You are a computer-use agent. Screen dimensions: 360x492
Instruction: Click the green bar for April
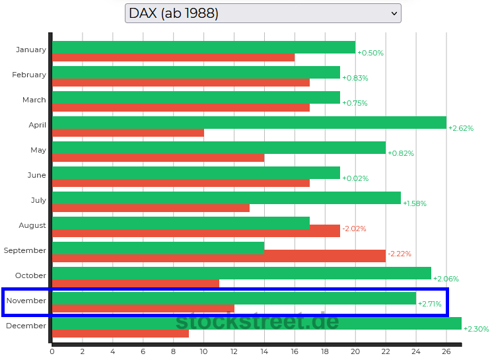click(249, 123)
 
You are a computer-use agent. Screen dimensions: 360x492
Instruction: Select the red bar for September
click(219, 256)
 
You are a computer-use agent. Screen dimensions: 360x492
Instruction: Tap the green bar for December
click(256, 324)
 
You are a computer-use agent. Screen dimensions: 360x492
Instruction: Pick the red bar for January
click(173, 57)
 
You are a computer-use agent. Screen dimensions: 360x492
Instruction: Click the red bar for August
click(196, 231)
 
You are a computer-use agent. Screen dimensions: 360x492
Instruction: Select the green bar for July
click(226, 198)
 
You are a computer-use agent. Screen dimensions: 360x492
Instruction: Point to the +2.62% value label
click(461, 128)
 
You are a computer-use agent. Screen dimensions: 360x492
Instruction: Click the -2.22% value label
click(400, 254)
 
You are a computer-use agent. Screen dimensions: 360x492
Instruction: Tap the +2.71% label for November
click(430, 304)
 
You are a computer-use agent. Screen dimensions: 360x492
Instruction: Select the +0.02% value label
click(355, 178)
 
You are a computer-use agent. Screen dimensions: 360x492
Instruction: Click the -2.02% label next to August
click(354, 229)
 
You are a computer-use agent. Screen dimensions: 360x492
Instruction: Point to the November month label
click(26, 301)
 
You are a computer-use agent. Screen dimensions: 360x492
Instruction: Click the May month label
click(38, 150)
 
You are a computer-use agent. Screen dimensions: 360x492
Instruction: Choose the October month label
click(30, 275)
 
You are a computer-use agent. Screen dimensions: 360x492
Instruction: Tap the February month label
click(29, 75)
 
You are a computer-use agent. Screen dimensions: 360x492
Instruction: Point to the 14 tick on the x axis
click(264, 351)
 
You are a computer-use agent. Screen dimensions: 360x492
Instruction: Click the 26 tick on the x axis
click(446, 351)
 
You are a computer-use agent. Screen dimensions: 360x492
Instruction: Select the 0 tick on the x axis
click(52, 351)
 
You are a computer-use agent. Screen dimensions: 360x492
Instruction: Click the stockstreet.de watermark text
click(257, 322)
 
